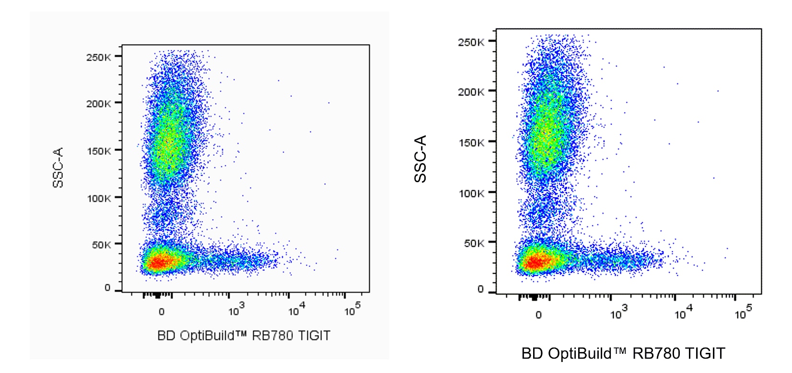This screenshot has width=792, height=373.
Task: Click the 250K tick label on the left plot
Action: (99, 58)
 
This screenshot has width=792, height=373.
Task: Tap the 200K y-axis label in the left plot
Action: (99, 104)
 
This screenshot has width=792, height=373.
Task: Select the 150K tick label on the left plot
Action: (99, 151)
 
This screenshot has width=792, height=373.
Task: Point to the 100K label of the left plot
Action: (99, 198)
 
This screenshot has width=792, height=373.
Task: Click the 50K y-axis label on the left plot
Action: (101, 245)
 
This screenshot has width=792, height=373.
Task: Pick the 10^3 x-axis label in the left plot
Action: (236, 310)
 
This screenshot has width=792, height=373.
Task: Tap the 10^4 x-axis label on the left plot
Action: (296, 310)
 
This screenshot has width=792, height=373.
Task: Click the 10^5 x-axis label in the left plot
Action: (352, 310)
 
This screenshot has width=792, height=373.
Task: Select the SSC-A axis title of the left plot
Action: (58, 167)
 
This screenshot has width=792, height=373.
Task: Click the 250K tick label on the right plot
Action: (471, 42)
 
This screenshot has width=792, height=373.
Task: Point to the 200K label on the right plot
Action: (471, 92)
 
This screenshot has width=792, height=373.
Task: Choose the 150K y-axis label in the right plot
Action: (471, 143)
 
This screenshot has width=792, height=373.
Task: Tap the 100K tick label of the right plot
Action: (471, 194)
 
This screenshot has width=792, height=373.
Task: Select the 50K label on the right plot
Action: (474, 243)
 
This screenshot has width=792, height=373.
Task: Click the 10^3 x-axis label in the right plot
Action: (618, 314)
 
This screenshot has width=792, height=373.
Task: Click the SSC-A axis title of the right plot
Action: (420, 159)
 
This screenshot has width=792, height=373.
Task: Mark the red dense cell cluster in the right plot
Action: (535, 262)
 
